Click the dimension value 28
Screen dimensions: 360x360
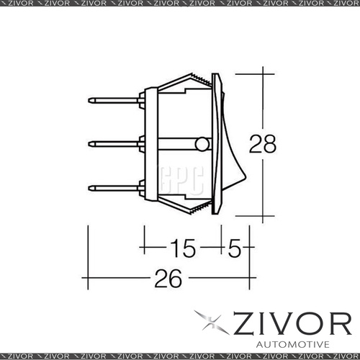263,145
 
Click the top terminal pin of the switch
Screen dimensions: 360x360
115,102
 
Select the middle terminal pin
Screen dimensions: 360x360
115,144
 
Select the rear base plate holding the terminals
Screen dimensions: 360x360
150,144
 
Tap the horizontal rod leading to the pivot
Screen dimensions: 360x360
176,145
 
